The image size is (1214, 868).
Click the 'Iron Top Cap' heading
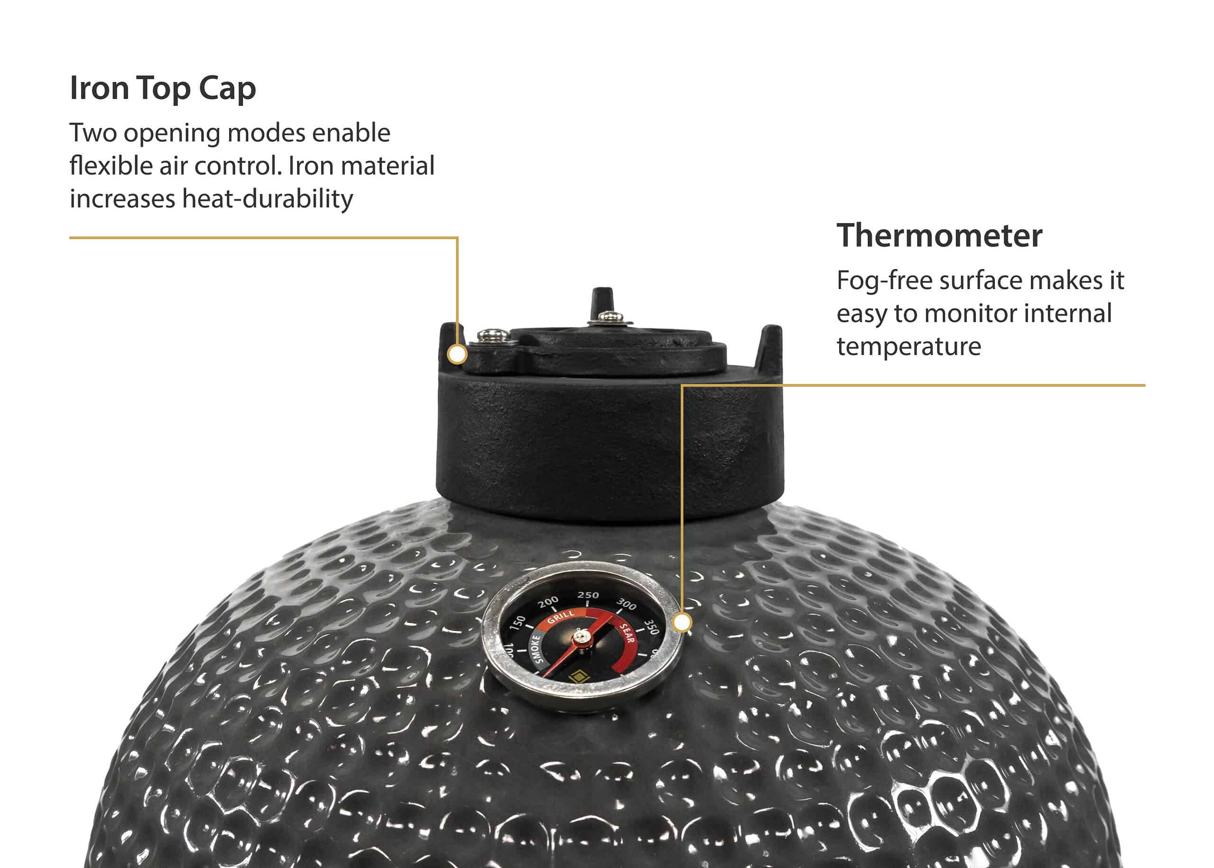[163, 88]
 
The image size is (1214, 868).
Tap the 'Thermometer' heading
[939, 235]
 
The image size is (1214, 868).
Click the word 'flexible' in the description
[111, 166]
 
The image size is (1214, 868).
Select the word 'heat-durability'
[268, 199]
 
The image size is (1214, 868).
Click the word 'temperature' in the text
[909, 346]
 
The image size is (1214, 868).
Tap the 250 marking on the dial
[588, 595]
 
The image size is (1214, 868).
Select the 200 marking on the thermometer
[548, 602]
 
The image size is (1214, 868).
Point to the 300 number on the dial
[626, 605]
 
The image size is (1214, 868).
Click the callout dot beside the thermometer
[682, 623]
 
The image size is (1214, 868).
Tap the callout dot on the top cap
[457, 355]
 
